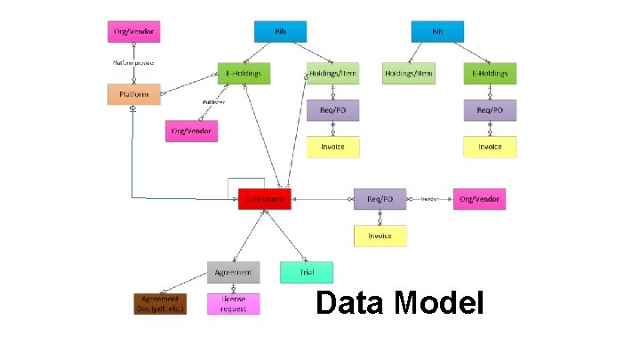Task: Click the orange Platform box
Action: (x=134, y=93)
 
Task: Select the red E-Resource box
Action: (x=264, y=199)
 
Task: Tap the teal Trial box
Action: (x=306, y=272)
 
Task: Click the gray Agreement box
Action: (x=233, y=272)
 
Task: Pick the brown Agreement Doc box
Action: (x=160, y=303)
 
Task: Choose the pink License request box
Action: (x=234, y=303)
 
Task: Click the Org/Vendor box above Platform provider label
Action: (x=133, y=31)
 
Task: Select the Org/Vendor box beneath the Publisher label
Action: (x=191, y=130)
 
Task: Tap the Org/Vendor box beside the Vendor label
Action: (x=479, y=199)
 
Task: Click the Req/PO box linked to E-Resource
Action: (x=380, y=199)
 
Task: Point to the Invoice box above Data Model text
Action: (x=380, y=235)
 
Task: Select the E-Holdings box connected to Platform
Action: (x=244, y=73)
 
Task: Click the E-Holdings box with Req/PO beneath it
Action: (x=490, y=73)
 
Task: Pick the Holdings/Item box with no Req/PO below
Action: (x=409, y=73)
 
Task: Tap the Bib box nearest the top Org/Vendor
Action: (x=281, y=31)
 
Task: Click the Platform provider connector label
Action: (x=134, y=63)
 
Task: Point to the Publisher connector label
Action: (x=213, y=102)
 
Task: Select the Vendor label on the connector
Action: (x=430, y=199)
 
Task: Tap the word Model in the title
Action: (x=440, y=303)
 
